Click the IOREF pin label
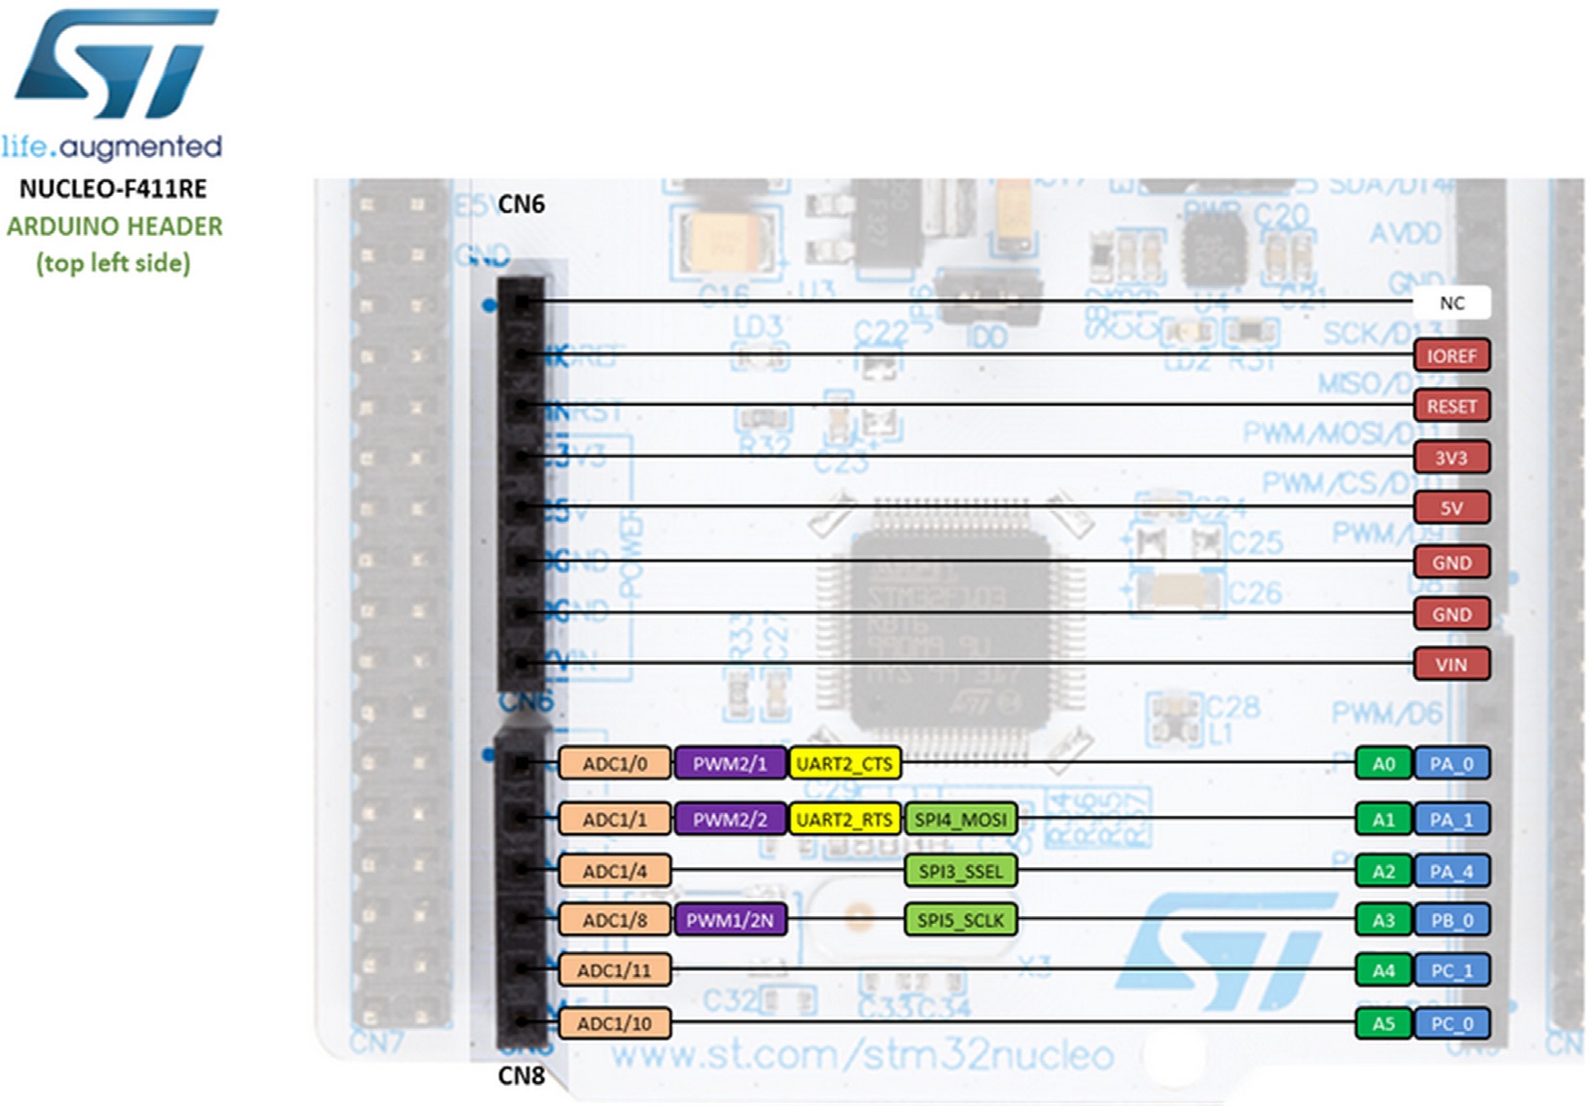click(x=1451, y=355)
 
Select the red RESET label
click(x=1451, y=406)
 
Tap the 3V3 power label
click(x=1451, y=457)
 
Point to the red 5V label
click(x=1451, y=508)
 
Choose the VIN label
click(x=1451, y=664)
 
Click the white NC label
click(x=1451, y=303)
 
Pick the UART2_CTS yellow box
click(x=845, y=764)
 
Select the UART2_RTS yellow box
click(x=845, y=820)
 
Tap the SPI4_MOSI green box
click(x=960, y=820)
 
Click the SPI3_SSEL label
click(x=960, y=872)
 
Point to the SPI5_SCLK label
click(x=960, y=920)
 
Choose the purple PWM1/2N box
click(x=730, y=920)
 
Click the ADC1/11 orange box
click(x=614, y=970)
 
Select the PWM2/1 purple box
click(x=730, y=764)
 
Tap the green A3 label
click(x=1383, y=920)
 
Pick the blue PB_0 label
click(x=1451, y=920)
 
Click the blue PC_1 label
click(x=1451, y=970)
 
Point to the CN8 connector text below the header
click(x=521, y=1076)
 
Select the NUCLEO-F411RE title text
click(x=114, y=189)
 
